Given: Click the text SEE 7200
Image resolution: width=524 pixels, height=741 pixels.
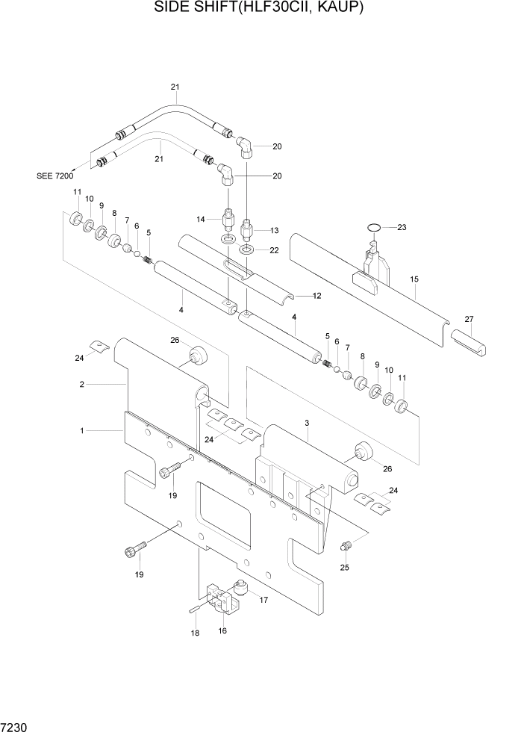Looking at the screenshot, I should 55,176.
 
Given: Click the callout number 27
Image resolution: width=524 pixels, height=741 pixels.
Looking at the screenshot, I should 469,319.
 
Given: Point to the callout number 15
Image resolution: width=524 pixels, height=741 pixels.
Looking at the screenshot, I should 415,279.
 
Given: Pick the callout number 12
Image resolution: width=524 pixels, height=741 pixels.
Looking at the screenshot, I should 316,296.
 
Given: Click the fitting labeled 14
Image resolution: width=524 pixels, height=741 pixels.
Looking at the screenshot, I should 229,220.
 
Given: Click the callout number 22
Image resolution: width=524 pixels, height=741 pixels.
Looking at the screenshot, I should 274,250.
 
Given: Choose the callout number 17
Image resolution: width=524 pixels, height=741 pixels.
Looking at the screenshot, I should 263,598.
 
